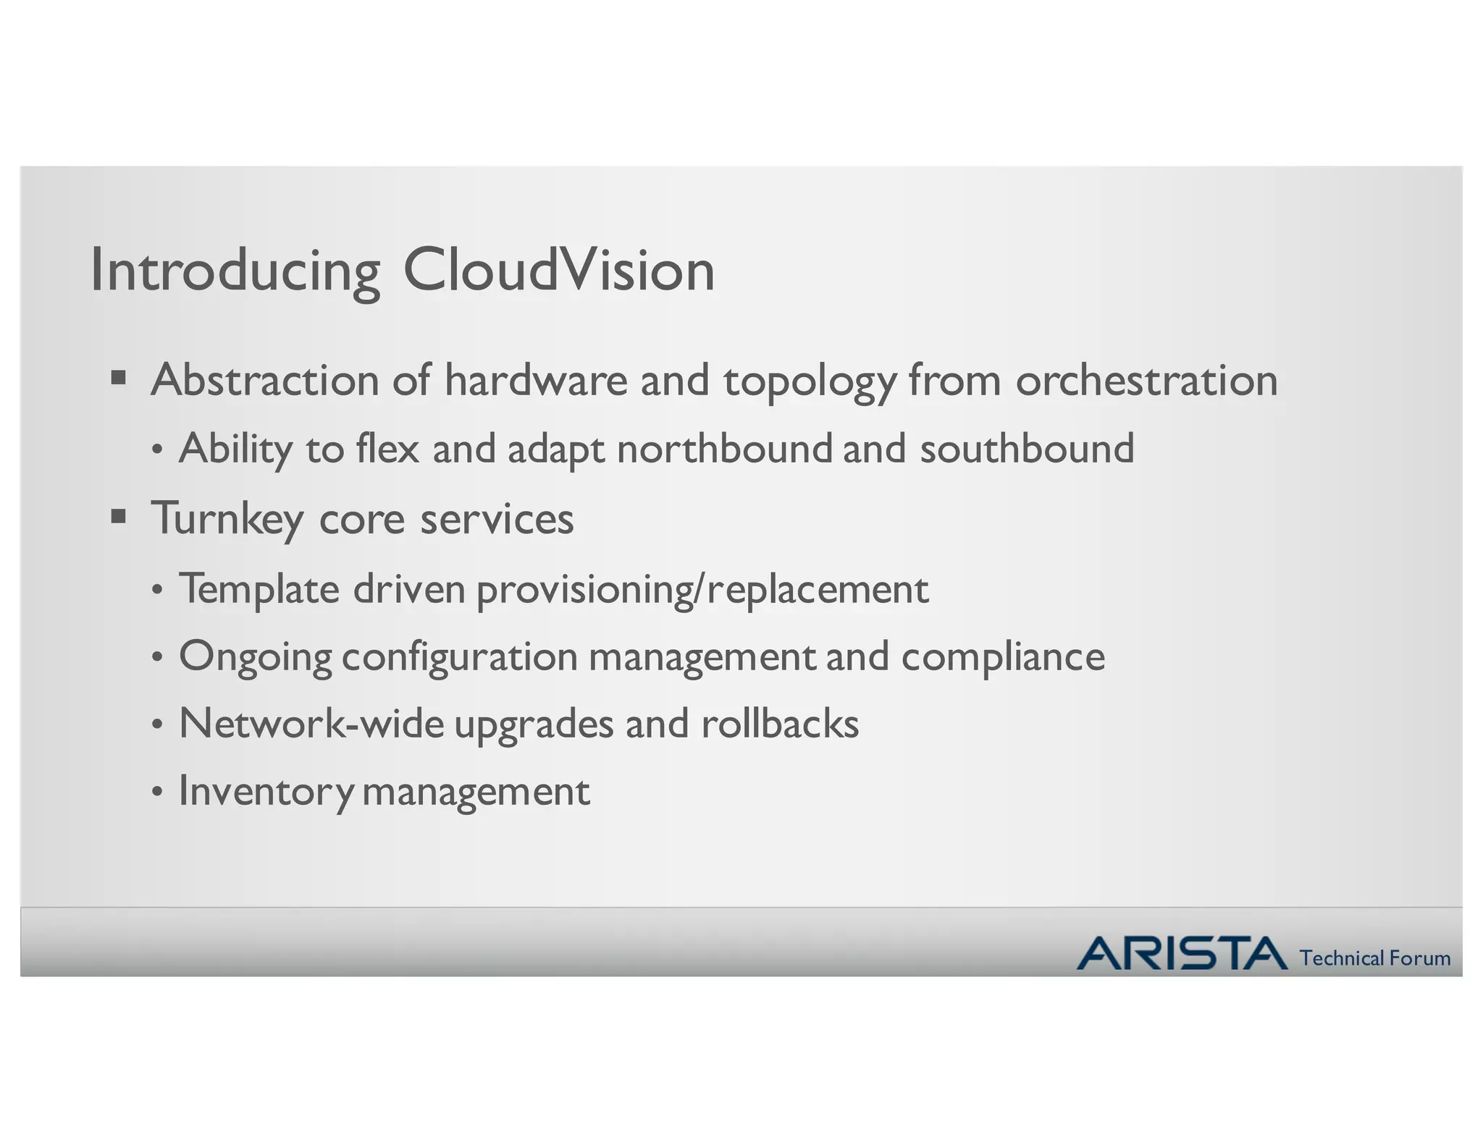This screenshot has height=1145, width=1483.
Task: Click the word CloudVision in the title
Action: (558, 270)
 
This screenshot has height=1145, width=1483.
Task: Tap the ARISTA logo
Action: (1182, 953)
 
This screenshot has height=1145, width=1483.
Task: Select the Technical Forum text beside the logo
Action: (1374, 958)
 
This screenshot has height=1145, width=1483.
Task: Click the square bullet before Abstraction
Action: (119, 377)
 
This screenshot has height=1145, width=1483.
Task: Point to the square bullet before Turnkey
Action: (119, 516)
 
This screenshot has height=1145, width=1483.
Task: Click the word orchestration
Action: (1146, 380)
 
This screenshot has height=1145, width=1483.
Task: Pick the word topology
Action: (810, 381)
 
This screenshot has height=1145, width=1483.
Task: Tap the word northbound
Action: (725, 448)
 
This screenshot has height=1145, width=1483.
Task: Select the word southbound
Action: (1027, 448)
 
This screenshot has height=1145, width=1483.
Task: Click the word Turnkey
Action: (227, 519)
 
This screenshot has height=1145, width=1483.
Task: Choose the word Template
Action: (259, 588)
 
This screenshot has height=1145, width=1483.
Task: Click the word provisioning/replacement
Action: (702, 589)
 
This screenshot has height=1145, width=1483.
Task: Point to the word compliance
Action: (1003, 656)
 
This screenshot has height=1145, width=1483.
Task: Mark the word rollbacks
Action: (780, 723)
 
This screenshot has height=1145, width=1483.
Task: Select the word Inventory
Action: (266, 790)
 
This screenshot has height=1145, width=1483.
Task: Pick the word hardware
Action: (536, 380)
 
